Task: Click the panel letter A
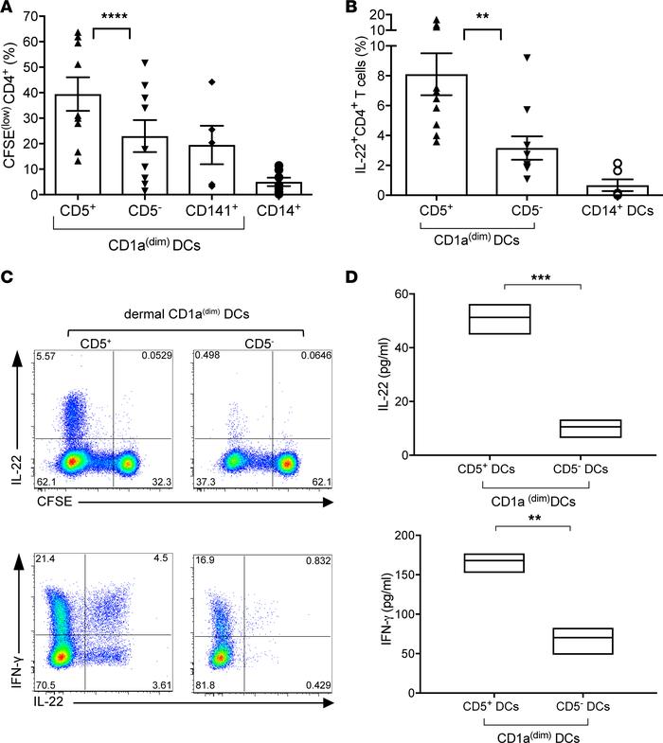coord(9,9)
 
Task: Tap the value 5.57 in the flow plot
coord(44,355)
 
